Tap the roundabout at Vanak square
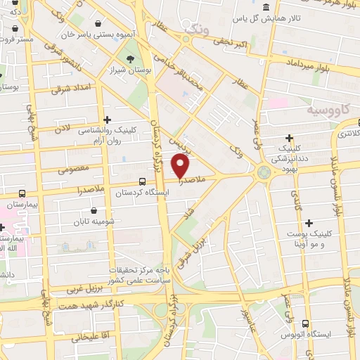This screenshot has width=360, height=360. click(264, 171)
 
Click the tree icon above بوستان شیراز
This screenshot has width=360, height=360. click(129, 58)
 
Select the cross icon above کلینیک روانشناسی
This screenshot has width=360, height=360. click(107, 120)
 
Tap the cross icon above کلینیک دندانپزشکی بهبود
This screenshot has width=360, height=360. click(290, 138)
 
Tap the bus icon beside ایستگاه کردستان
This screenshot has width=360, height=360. click(124, 180)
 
